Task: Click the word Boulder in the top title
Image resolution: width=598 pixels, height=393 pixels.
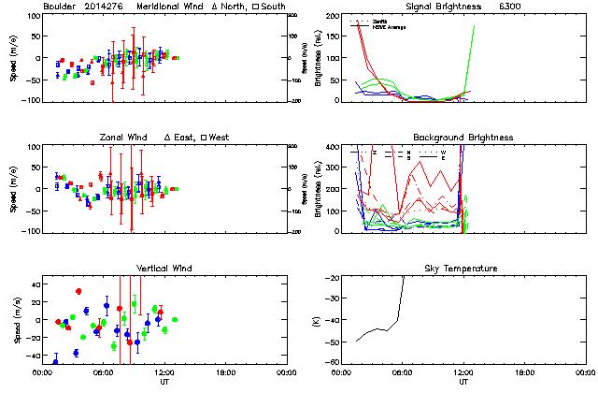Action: tap(58, 7)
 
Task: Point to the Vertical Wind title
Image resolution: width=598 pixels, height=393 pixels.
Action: tap(162, 269)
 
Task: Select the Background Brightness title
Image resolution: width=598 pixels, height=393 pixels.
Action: tap(463, 138)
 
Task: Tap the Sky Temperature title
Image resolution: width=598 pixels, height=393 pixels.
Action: tap(463, 269)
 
